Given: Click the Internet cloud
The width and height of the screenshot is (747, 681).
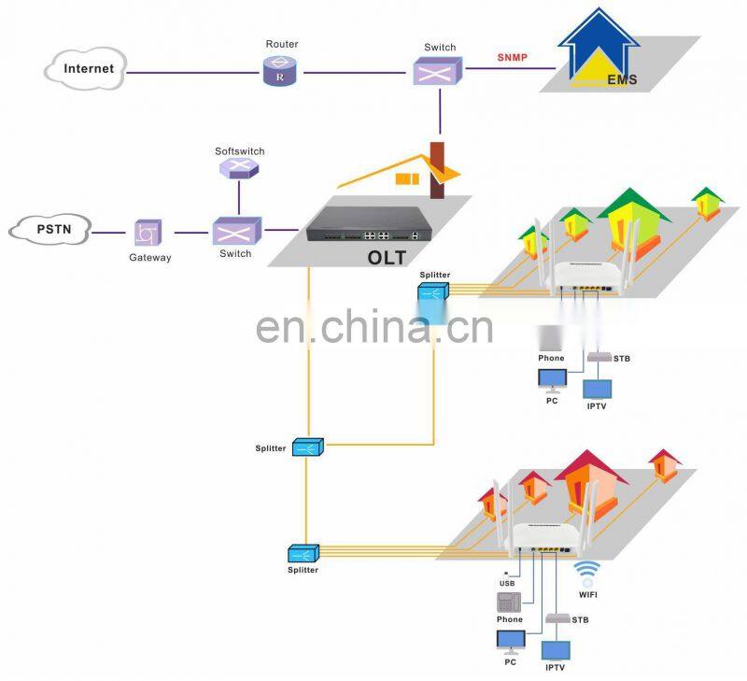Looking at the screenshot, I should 86,69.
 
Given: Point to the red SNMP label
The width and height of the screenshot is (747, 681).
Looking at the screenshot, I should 512,57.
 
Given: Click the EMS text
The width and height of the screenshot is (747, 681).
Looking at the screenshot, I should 622,79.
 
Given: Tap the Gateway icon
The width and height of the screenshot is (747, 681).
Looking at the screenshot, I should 148,234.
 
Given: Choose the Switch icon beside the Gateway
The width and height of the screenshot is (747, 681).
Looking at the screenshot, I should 235,232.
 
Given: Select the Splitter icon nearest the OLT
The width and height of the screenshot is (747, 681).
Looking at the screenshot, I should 434,291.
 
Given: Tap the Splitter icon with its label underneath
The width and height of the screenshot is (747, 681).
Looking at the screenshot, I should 303,553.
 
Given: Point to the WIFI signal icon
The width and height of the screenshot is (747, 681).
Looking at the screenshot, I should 587,571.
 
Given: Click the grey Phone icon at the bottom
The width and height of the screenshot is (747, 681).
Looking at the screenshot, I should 510,602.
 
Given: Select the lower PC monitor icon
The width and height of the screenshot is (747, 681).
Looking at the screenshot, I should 510,640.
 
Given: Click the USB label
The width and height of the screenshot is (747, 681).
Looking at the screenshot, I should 507,584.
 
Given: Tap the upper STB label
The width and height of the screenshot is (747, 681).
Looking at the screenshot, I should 622,358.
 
